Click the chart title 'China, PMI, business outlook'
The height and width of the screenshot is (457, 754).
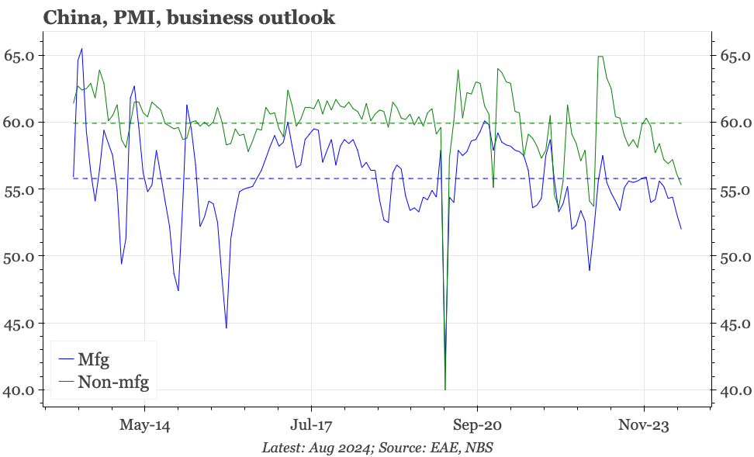[189, 17]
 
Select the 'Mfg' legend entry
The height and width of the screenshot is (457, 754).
[94, 360]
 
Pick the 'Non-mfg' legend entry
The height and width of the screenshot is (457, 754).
[112, 382]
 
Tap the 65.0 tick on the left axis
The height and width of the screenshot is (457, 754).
[19, 56]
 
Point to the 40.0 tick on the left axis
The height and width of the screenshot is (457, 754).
[19, 390]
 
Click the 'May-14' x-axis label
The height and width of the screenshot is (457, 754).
[144, 425]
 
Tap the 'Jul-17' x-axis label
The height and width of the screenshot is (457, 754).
[311, 425]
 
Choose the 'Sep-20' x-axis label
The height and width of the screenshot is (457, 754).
[477, 425]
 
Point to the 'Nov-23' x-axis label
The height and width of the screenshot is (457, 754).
[644, 425]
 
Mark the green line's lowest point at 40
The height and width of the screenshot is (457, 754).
[445, 389]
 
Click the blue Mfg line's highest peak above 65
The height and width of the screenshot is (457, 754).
[82, 49]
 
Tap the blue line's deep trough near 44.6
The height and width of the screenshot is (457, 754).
[227, 328]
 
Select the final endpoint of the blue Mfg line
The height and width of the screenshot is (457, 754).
[681, 229]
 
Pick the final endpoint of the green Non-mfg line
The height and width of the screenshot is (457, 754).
[681, 185]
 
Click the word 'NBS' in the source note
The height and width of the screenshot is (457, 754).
[479, 448]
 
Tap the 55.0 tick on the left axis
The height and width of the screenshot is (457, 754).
[19, 190]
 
